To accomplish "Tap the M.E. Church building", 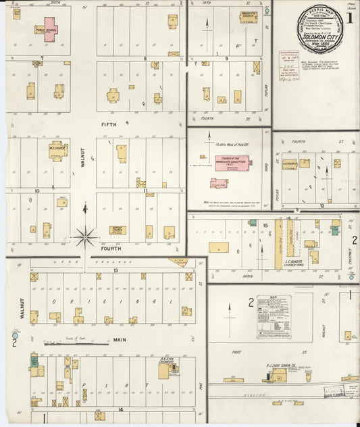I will (x=58, y=149).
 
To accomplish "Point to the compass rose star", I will (x=86, y=236).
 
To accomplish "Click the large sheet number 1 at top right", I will (x=350, y=18).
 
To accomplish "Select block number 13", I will (x=116, y=270).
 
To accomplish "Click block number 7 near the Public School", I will (x=42, y=59).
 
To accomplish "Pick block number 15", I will (x=266, y=225).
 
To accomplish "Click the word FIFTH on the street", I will (x=109, y=124).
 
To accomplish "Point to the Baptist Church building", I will (x=118, y=230).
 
